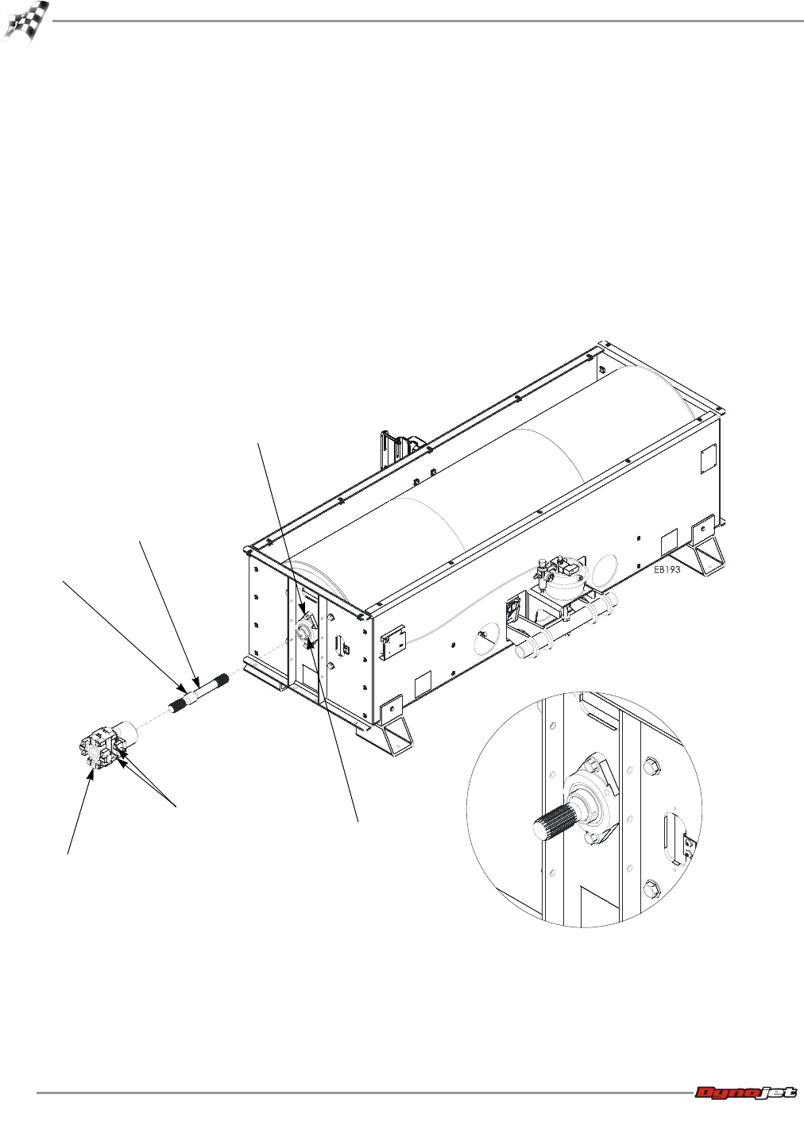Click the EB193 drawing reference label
click(667, 569)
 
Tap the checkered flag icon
click(25, 23)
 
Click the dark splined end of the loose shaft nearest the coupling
click(178, 706)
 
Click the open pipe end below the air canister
click(522, 651)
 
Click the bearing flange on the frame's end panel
click(305, 631)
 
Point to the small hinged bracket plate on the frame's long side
click(392, 642)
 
